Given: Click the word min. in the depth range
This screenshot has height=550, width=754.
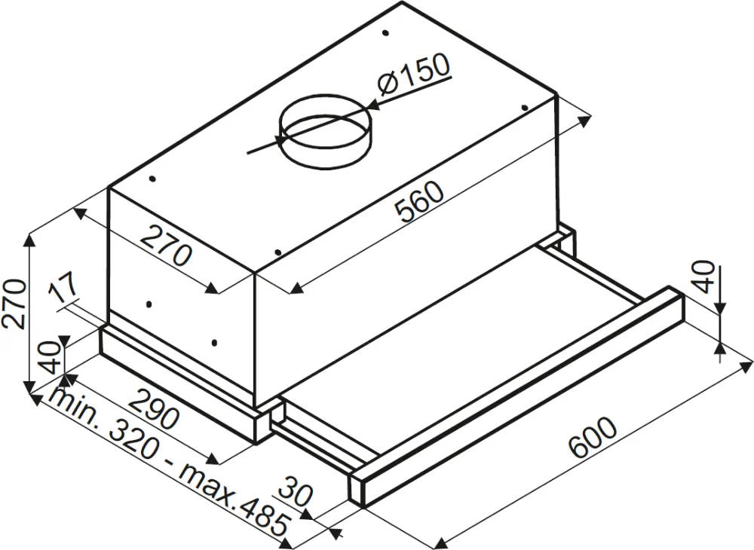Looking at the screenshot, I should (x=71, y=411).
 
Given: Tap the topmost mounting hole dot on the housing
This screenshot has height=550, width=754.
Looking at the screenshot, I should (x=385, y=33).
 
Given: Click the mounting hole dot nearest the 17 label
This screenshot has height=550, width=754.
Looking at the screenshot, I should (x=149, y=305).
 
